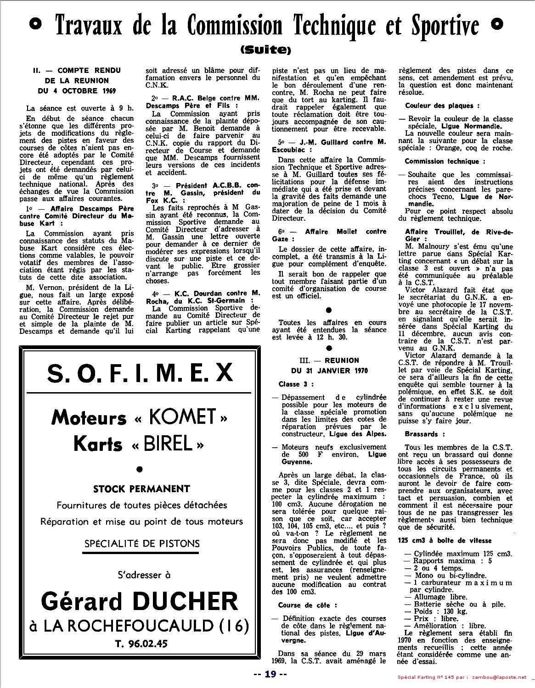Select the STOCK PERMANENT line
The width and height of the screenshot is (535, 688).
(x=141, y=488)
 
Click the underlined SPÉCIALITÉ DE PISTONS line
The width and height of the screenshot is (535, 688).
(x=142, y=544)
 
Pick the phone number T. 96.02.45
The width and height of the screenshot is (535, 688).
(x=141, y=643)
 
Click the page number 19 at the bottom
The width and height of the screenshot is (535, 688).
(x=270, y=674)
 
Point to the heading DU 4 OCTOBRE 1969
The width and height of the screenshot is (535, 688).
(x=77, y=90)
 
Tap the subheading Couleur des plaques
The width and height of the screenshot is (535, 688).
(x=433, y=105)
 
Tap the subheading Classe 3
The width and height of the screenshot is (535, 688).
(x=296, y=384)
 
